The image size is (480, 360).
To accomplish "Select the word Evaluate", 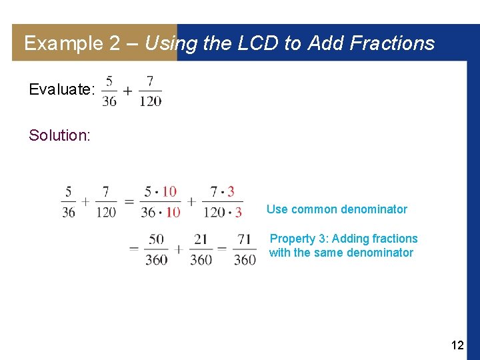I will [x=62, y=89].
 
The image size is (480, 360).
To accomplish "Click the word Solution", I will [x=59, y=135].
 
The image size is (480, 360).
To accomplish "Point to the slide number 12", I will [x=457, y=345].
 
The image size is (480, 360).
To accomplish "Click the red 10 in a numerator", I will [x=169, y=192].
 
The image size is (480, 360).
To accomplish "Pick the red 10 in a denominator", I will [x=173, y=213].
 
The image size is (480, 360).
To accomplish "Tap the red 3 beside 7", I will [x=231, y=192].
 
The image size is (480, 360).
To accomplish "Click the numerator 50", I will [x=156, y=239].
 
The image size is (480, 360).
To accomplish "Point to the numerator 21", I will [x=201, y=239].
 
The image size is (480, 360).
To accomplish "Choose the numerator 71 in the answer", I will [x=245, y=239].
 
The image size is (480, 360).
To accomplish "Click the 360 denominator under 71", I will [x=245, y=259].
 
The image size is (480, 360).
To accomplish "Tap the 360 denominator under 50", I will [x=156, y=259].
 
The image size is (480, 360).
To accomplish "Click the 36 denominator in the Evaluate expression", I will [x=109, y=101].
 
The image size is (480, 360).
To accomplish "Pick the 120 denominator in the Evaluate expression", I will [x=150, y=101].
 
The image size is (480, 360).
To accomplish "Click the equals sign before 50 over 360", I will [x=134, y=248].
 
